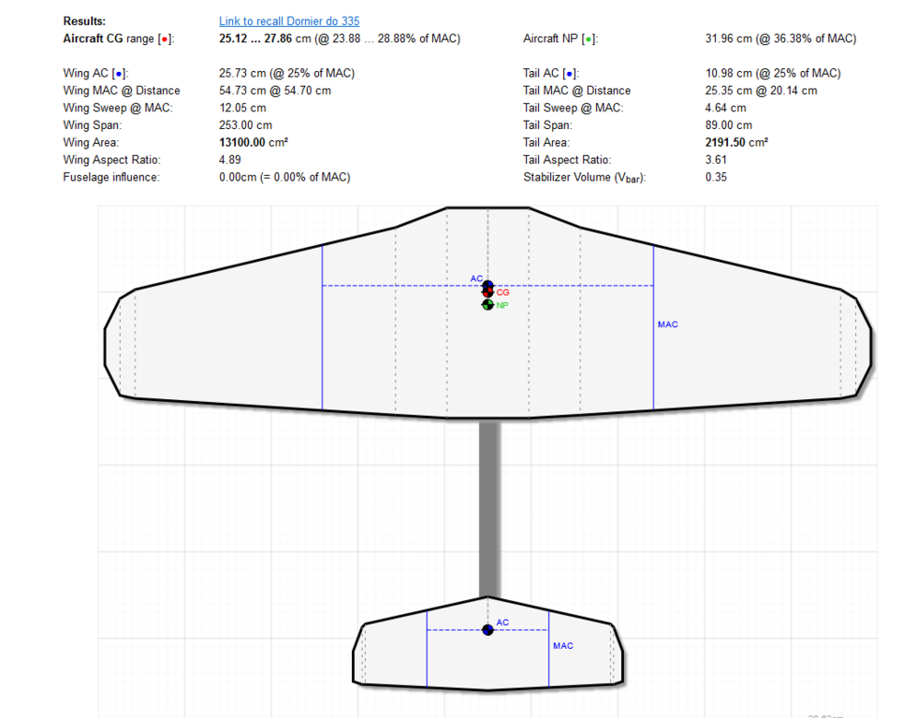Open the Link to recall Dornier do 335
288,21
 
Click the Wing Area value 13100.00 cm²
253,142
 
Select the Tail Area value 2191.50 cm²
736,142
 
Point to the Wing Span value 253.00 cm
245,125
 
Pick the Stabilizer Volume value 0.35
716,178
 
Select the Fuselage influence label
111,178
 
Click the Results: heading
84,21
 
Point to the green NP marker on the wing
487,305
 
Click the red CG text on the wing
503,293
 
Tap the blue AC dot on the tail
487,630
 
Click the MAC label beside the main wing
667,324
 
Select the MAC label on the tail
562,646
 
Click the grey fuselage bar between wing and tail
488,510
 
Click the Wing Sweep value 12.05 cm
242,108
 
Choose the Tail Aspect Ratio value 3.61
716,160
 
